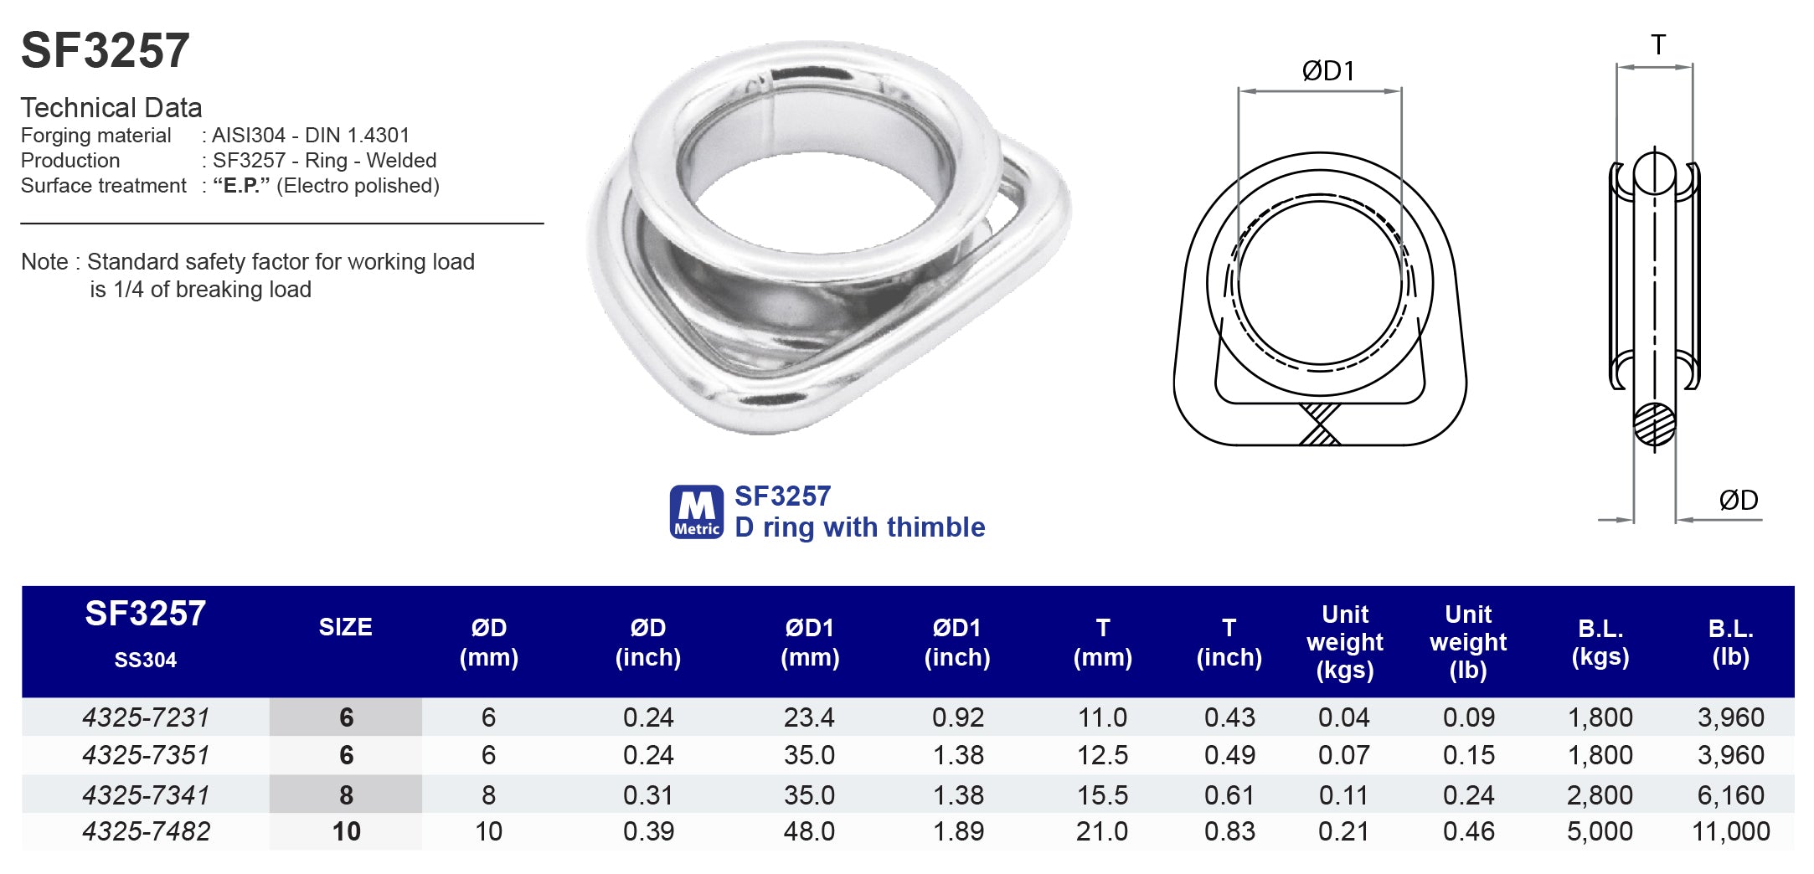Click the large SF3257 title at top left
(106, 50)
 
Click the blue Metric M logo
(696, 512)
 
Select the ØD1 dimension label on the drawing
(1327, 71)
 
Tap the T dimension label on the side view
(1657, 45)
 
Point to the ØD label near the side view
(1738, 501)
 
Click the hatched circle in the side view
(1654, 424)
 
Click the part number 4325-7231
(146, 717)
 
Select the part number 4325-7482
(146, 831)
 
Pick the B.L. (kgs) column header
(1600, 642)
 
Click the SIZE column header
(345, 627)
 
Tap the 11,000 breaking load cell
(1730, 831)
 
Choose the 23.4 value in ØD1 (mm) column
(809, 717)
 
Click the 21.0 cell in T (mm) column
(1102, 831)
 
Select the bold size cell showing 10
(346, 831)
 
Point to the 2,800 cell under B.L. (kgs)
(1600, 794)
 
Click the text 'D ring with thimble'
(859, 527)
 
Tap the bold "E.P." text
(241, 186)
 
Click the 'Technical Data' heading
(111, 108)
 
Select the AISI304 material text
(248, 136)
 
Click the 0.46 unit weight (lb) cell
(1468, 831)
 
